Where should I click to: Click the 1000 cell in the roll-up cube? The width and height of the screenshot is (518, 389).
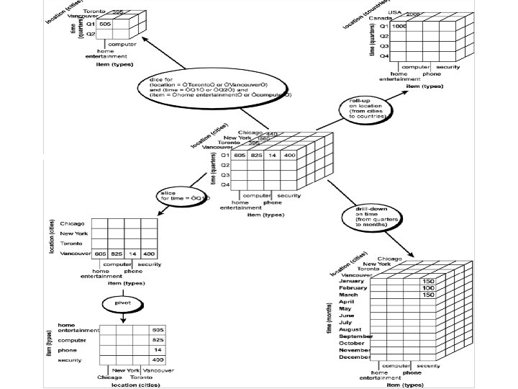pos(399,26)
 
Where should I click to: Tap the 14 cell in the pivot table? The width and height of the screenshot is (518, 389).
pos(158,349)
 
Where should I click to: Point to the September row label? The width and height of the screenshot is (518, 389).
pos(355,336)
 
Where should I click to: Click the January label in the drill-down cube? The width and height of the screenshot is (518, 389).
pos(353,280)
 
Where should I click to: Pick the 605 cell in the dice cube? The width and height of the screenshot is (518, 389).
pos(106,24)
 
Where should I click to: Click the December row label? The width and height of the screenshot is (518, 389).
pos(355,357)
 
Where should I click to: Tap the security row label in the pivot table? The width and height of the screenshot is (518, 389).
pos(70,359)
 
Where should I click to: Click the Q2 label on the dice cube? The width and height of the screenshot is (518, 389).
pos(91,34)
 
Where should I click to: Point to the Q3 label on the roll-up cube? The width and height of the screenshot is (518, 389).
pos(384,45)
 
